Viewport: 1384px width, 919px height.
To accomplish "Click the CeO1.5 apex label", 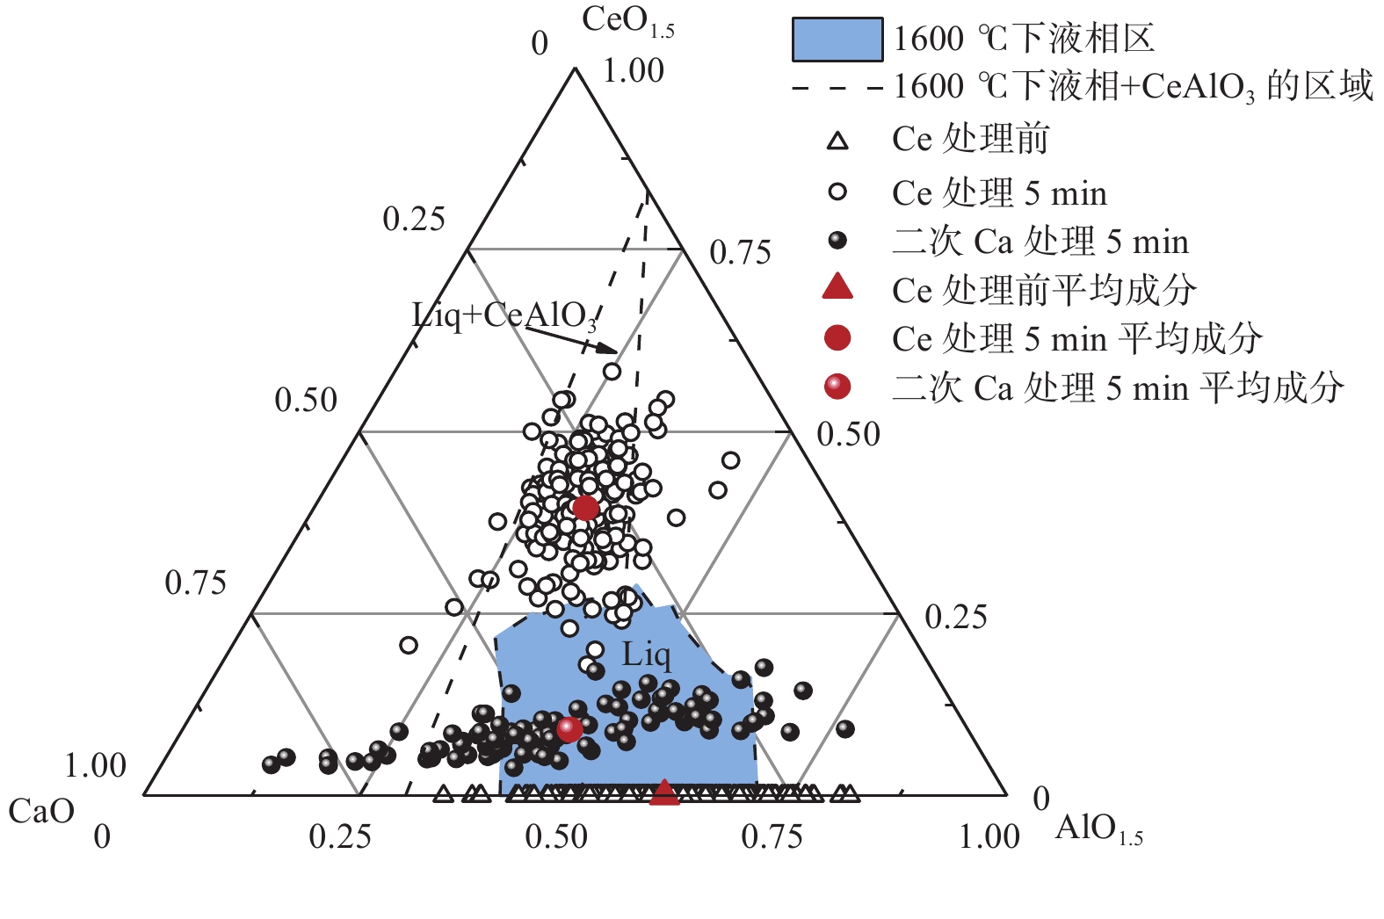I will tap(627, 22).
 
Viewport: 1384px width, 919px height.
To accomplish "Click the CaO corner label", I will tap(41, 811).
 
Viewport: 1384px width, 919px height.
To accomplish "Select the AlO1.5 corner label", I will tap(1098, 829).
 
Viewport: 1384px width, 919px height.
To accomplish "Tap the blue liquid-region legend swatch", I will tap(837, 40).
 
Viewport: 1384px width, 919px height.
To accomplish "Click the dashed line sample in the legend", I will tap(837, 88).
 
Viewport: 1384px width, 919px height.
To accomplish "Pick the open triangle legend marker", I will tap(838, 141).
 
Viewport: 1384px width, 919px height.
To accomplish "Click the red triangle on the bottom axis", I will tap(665, 792).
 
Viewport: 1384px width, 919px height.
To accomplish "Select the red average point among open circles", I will tap(586, 507).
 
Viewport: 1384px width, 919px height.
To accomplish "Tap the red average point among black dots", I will tap(569, 728).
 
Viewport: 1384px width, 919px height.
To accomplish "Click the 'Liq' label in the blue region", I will tap(646, 655).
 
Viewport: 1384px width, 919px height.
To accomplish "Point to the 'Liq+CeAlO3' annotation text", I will tap(504, 315).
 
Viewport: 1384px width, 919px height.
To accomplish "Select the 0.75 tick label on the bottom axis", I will tap(771, 837).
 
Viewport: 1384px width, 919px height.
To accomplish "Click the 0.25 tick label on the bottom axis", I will tap(339, 837).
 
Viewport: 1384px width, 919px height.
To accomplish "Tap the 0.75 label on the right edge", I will tap(740, 253).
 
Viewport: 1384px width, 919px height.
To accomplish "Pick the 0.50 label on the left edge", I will tap(306, 401).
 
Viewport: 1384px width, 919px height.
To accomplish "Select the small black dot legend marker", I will tap(838, 240).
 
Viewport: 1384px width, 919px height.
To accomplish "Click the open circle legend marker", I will tap(838, 192).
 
